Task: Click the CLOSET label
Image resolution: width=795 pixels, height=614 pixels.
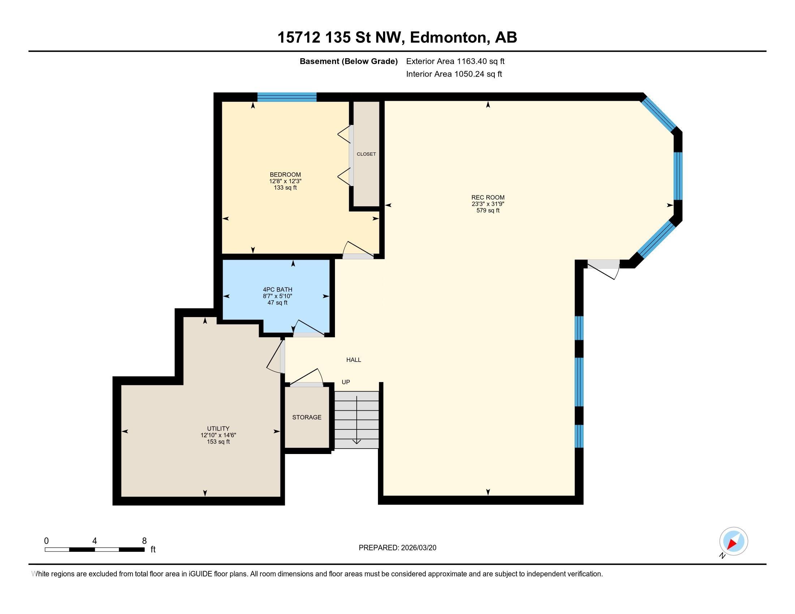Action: coord(366,154)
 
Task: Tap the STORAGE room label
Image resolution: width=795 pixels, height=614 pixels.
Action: coord(307,417)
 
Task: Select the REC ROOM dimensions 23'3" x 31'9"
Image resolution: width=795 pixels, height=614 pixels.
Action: coord(488,204)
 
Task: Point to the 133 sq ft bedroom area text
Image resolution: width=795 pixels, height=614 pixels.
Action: coord(285,188)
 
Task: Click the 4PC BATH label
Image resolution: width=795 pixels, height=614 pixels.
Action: coord(278,290)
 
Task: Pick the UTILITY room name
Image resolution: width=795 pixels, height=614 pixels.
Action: coord(218,428)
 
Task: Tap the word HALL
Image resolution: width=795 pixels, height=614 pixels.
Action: coord(354,360)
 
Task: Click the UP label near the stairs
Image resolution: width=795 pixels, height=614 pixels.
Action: coord(346,382)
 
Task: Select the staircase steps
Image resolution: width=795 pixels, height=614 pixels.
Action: coord(357,420)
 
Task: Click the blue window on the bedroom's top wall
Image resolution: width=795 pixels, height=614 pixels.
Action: coord(287,97)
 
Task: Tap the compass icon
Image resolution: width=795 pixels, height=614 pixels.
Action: coord(734,541)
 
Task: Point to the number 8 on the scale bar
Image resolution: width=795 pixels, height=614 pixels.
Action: coord(145,541)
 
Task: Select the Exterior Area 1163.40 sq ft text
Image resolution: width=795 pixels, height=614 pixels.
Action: coord(455,61)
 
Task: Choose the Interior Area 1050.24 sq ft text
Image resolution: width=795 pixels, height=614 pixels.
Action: coord(454,74)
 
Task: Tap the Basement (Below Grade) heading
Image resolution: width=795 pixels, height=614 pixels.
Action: coord(348,61)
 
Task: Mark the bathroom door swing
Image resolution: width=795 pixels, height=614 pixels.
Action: coord(309,327)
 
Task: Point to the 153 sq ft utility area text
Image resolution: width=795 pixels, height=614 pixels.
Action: coord(218,442)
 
